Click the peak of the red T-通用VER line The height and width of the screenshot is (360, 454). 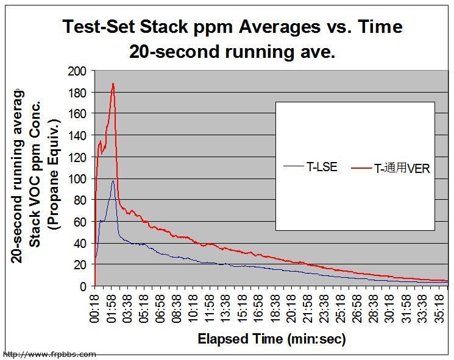pyautogui.click(x=113, y=83)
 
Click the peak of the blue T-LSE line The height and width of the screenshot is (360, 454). pyautogui.click(x=113, y=181)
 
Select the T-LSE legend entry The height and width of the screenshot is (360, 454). pyautogui.click(x=311, y=166)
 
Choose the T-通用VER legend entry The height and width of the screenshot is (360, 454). pyautogui.click(x=393, y=169)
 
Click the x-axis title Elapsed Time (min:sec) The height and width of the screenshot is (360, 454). pyautogui.click(x=272, y=339)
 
